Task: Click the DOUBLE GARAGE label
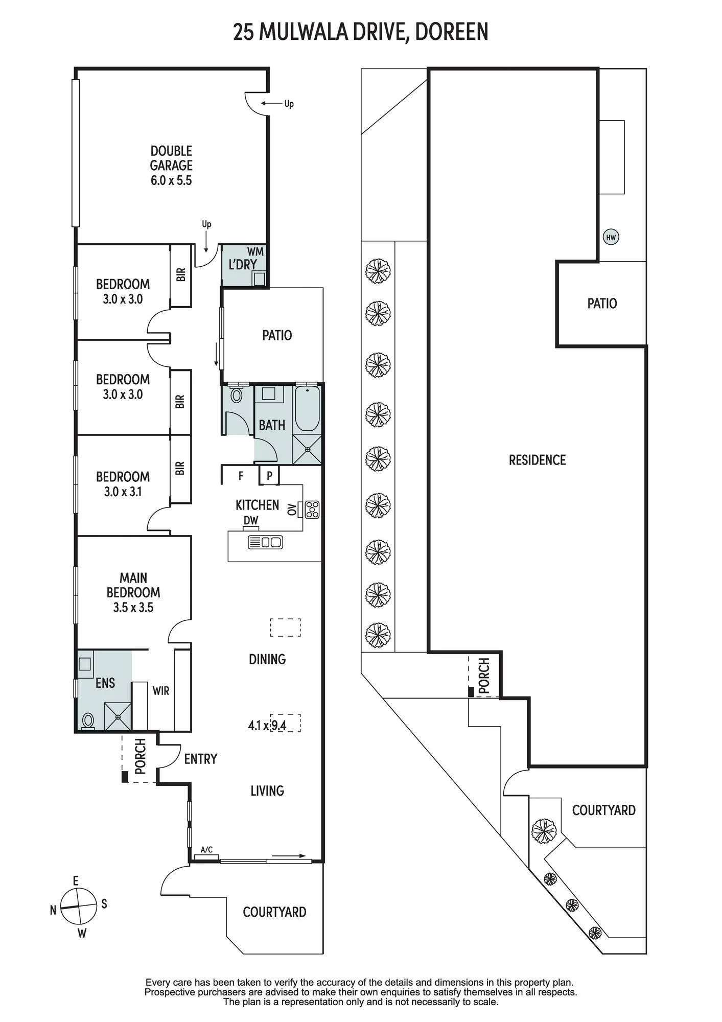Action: pos(171,166)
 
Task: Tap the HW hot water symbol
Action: pos(611,237)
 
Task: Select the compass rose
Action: pos(79,907)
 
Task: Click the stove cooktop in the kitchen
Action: pos(312,509)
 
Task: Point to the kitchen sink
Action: pos(265,542)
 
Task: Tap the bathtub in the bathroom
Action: pos(308,409)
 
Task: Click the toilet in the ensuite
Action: pos(88,721)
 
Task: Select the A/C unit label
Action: pos(206,850)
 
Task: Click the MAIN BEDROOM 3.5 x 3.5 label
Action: pos(133,593)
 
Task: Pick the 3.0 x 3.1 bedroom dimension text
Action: pos(123,492)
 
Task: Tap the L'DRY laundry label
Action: pos(243,265)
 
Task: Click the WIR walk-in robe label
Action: pos(161,691)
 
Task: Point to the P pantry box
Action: pos(269,476)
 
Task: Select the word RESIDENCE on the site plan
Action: pos(538,460)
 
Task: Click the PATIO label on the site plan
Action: pos(602,304)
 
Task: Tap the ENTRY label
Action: pos(201,759)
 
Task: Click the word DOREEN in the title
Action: pos(452,32)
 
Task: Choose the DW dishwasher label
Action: pos(251,520)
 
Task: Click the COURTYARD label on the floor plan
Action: pos(274,912)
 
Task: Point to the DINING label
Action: pos(267,659)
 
